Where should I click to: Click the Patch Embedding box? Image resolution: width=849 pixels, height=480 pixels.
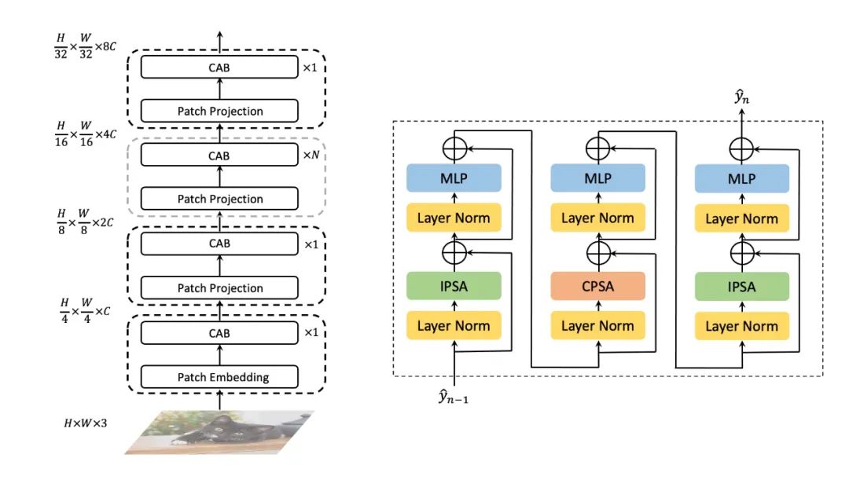pos(219,377)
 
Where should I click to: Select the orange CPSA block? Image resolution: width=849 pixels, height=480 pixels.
pos(597,287)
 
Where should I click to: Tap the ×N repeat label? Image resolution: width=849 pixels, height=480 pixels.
pos(313,155)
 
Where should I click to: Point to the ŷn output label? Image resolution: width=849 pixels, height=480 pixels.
pos(741,98)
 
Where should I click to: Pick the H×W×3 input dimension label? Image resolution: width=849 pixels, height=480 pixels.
pos(85,423)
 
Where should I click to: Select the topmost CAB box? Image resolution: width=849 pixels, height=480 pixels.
pos(219,68)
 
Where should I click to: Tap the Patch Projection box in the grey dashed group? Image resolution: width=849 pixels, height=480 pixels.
pos(219,199)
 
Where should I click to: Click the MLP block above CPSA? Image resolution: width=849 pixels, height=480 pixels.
pos(597,178)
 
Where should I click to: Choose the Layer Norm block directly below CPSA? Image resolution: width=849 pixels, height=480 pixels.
pos(597,325)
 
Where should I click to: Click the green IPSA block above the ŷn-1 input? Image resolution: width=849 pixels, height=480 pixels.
pos(454,287)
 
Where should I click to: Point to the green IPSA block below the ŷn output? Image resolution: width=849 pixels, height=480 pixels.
pos(741,287)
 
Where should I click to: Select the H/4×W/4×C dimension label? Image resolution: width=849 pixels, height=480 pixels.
pos(86,311)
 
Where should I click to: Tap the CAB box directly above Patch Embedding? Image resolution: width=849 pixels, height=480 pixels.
pos(219,333)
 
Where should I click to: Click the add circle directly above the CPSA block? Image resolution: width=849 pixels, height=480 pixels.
pos(597,252)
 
